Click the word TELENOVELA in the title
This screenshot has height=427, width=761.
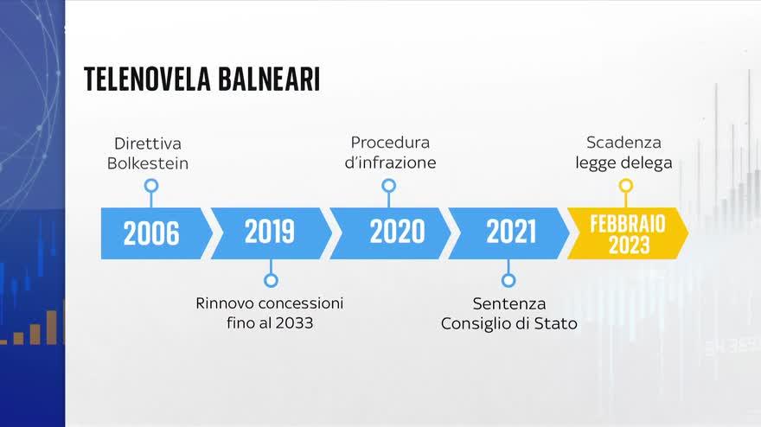click(x=147, y=80)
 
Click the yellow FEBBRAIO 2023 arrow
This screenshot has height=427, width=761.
click(x=628, y=233)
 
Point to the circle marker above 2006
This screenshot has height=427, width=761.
click(x=151, y=186)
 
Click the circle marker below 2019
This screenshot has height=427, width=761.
click(x=271, y=280)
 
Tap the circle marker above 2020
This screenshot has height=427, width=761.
click(x=389, y=186)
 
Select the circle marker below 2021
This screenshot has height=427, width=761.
click(x=508, y=280)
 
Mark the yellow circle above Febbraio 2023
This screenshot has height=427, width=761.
click(x=626, y=186)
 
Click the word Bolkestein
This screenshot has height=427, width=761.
click(x=148, y=163)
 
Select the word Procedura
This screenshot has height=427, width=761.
click(x=390, y=143)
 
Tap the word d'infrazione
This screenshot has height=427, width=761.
click(x=390, y=163)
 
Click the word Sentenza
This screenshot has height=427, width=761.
click(x=509, y=303)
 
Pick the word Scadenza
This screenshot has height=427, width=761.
click(x=624, y=143)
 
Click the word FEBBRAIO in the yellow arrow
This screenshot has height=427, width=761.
click(x=628, y=224)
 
